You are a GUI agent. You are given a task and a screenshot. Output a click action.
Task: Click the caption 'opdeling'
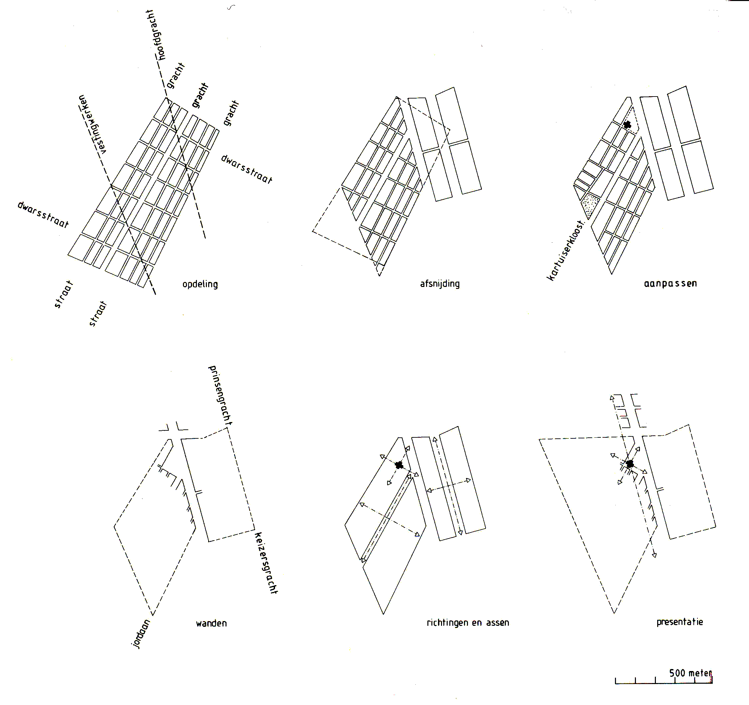[x=200, y=284]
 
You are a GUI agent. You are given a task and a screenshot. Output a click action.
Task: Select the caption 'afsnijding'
[x=440, y=284]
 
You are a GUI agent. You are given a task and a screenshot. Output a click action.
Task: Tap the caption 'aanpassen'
[x=670, y=283]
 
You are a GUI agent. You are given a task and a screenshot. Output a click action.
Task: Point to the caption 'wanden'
[x=211, y=623]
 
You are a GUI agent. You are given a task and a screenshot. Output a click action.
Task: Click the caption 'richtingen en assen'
[x=468, y=622]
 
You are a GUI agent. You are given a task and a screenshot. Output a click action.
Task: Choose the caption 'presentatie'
[x=680, y=622]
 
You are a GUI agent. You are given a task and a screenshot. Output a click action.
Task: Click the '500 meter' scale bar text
[x=690, y=673]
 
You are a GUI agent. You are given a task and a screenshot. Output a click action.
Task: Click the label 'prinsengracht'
[x=220, y=395]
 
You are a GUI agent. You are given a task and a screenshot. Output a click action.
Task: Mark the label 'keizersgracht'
[x=266, y=563]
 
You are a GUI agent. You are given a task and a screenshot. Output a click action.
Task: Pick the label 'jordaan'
[x=141, y=634]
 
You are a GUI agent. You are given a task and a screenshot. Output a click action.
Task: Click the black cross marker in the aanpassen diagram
[x=627, y=124]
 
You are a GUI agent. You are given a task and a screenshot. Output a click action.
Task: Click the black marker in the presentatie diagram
[x=630, y=464]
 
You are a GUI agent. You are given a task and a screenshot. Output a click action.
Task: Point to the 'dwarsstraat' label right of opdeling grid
[x=246, y=169]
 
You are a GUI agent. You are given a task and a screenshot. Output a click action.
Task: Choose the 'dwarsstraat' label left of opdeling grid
[x=43, y=214]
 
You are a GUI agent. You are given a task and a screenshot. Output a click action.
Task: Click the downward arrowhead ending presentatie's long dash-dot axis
[x=655, y=555]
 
